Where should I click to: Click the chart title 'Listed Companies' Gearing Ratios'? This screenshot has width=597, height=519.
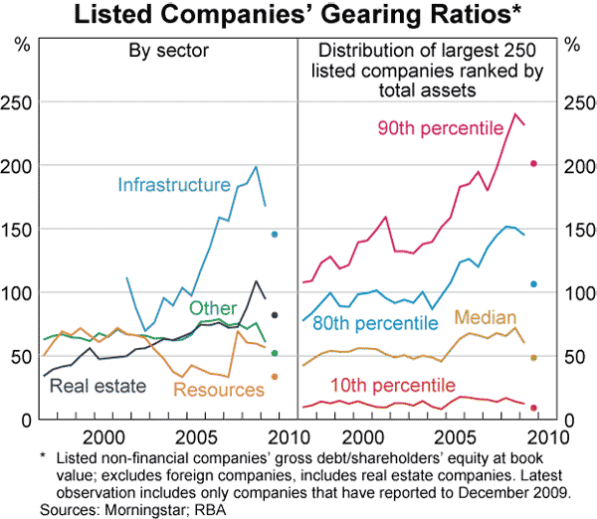pyautogui.click(x=298, y=16)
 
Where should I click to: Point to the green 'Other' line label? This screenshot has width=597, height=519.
pyautogui.click(x=212, y=308)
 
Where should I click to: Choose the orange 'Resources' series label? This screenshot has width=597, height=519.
pyautogui.click(x=218, y=390)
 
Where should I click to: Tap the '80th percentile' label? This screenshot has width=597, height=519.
pyautogui.click(x=376, y=323)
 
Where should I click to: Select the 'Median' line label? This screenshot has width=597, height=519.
pyautogui.click(x=484, y=317)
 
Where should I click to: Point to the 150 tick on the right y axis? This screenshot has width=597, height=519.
pyautogui.click(x=577, y=230)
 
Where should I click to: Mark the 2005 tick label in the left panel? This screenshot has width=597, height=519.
pyautogui.click(x=192, y=436)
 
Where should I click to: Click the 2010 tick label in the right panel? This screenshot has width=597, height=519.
pyautogui.click(x=543, y=436)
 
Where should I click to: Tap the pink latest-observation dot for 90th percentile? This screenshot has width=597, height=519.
pyautogui.click(x=533, y=163)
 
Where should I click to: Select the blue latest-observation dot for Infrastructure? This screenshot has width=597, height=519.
pyautogui.click(x=275, y=235)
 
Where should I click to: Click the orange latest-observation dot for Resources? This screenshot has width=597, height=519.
pyautogui.click(x=275, y=377)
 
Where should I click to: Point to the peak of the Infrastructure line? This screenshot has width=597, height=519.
pyautogui.click(x=256, y=167)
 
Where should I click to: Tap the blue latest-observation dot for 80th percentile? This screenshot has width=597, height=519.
pyautogui.click(x=533, y=284)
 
